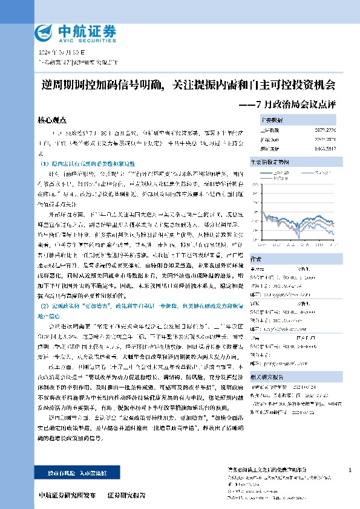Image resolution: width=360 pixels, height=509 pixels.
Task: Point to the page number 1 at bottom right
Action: (x=350, y=470)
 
